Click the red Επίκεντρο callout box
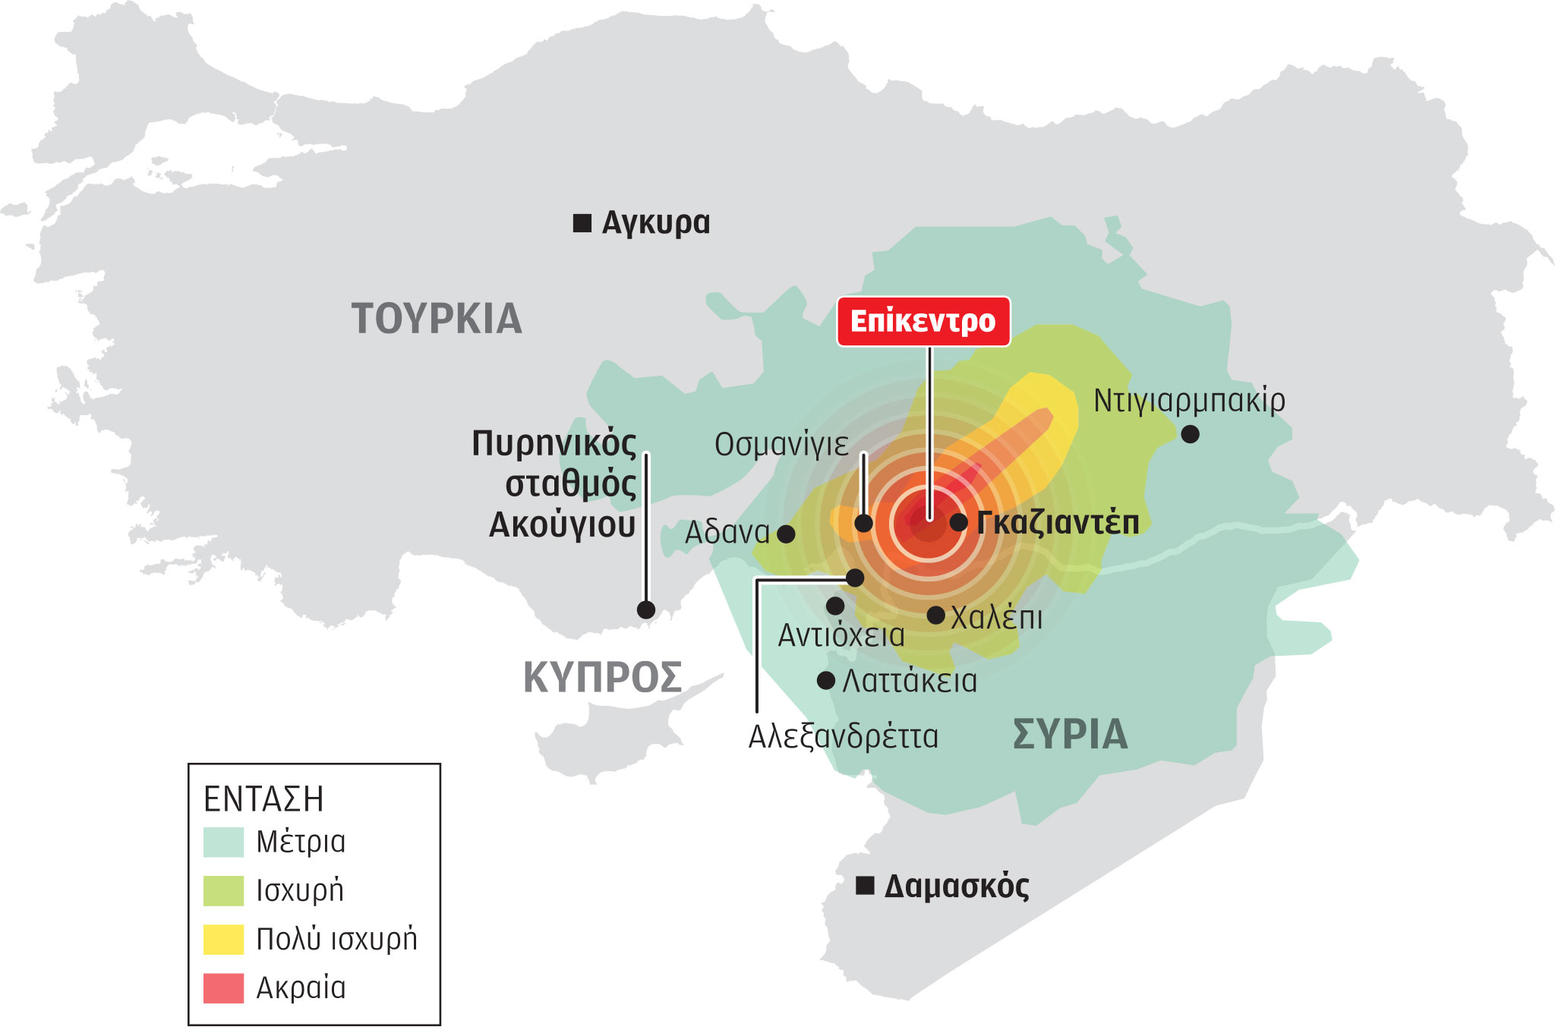(923, 322)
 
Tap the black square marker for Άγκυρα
(582, 223)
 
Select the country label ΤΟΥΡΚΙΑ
(437, 319)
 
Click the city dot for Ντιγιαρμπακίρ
(1191, 434)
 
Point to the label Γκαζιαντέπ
(1058, 523)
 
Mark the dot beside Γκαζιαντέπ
(958, 522)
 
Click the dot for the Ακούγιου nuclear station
(646, 609)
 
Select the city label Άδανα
(727, 533)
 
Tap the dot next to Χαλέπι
(936, 615)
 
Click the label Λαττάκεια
(910, 681)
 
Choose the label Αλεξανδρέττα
(844, 737)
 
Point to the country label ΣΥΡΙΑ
(1071, 734)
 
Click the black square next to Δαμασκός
(865, 886)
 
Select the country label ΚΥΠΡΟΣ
(603, 677)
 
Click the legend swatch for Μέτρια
(223, 842)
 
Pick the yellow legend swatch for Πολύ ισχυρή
(223, 939)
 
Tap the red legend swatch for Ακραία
(223, 987)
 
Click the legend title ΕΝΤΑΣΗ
(263, 799)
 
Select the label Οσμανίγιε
(781, 445)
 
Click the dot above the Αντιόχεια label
(835, 606)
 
